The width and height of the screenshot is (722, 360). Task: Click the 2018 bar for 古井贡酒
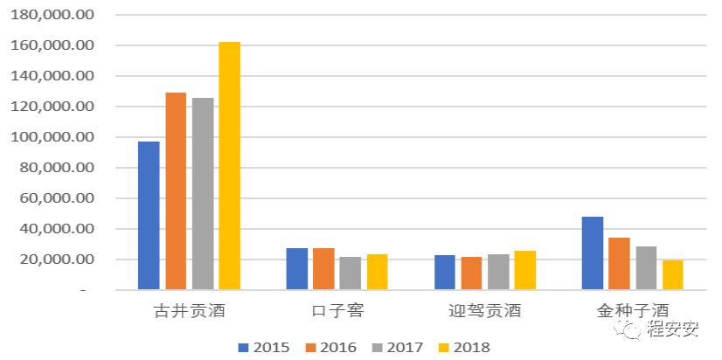click(x=229, y=166)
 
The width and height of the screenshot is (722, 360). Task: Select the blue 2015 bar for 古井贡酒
click(x=149, y=215)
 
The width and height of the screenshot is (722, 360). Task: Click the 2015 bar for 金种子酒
click(x=593, y=253)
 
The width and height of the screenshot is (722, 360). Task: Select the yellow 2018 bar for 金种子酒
click(x=672, y=274)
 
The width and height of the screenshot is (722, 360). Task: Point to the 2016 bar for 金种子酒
click(x=619, y=263)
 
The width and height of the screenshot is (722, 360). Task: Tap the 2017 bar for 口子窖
click(x=351, y=273)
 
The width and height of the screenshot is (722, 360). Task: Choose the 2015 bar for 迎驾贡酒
click(x=445, y=272)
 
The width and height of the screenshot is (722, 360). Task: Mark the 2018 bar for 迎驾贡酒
click(x=525, y=270)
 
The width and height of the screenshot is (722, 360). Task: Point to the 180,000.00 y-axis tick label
click(x=53, y=15)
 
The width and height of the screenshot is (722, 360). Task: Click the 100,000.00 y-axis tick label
click(x=53, y=137)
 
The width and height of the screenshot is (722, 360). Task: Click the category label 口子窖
click(x=337, y=310)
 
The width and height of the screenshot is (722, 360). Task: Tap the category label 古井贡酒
click(x=189, y=310)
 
